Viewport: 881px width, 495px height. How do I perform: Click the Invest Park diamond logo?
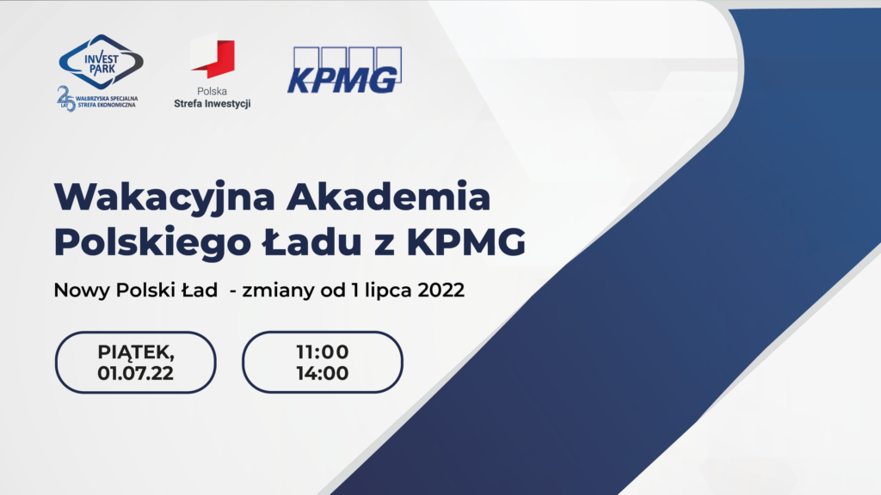(102, 62)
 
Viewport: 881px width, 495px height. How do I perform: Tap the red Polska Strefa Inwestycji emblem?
(213, 57)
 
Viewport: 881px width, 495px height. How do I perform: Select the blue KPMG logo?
(344, 70)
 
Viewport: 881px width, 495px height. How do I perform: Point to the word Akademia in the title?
(388, 197)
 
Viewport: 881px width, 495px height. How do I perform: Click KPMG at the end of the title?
(466, 242)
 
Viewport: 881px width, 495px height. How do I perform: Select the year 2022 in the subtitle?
(441, 290)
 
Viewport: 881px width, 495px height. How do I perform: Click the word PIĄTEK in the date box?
(135, 352)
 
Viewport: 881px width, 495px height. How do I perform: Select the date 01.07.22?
(135, 373)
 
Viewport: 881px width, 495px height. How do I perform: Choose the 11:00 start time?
(323, 351)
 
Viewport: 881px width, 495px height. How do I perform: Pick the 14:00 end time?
(323, 373)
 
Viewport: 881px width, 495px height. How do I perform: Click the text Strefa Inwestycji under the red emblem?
(213, 104)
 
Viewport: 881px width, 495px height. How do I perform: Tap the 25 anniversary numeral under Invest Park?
(66, 99)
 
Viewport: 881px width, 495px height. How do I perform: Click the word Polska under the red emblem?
(212, 91)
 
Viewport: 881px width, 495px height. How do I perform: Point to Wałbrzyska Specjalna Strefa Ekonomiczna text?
(107, 101)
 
